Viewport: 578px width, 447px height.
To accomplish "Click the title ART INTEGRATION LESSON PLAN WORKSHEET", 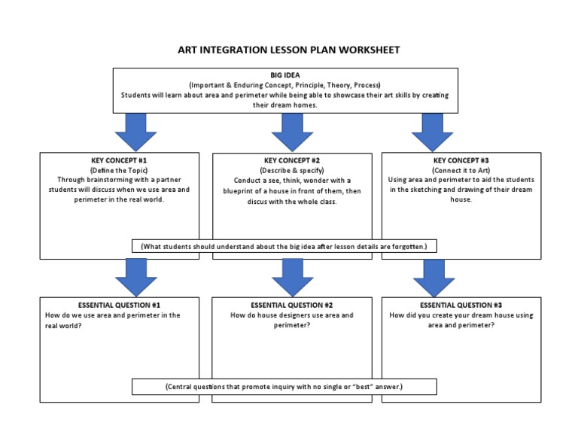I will click(x=289, y=50).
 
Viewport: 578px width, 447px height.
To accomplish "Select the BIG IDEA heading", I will click(x=285, y=75).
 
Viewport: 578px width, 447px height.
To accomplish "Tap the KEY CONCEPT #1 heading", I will click(x=119, y=160).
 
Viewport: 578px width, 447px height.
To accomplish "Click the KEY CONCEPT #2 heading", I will click(x=292, y=160).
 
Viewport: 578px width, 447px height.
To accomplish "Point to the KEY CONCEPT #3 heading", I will click(x=461, y=160).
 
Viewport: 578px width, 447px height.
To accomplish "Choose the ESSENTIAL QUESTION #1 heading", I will click(x=119, y=305).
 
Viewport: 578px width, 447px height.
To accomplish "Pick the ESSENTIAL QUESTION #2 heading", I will click(x=292, y=305).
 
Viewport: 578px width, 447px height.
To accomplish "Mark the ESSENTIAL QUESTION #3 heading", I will click(x=461, y=305).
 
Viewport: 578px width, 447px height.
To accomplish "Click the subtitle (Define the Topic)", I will click(x=119, y=170).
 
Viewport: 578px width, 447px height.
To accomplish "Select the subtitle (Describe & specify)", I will click(x=292, y=170).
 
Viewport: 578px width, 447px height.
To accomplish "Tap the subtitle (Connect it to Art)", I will click(x=461, y=170).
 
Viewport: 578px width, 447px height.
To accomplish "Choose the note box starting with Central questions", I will click(x=284, y=386).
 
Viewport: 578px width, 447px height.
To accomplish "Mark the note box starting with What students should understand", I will click(x=284, y=246).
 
